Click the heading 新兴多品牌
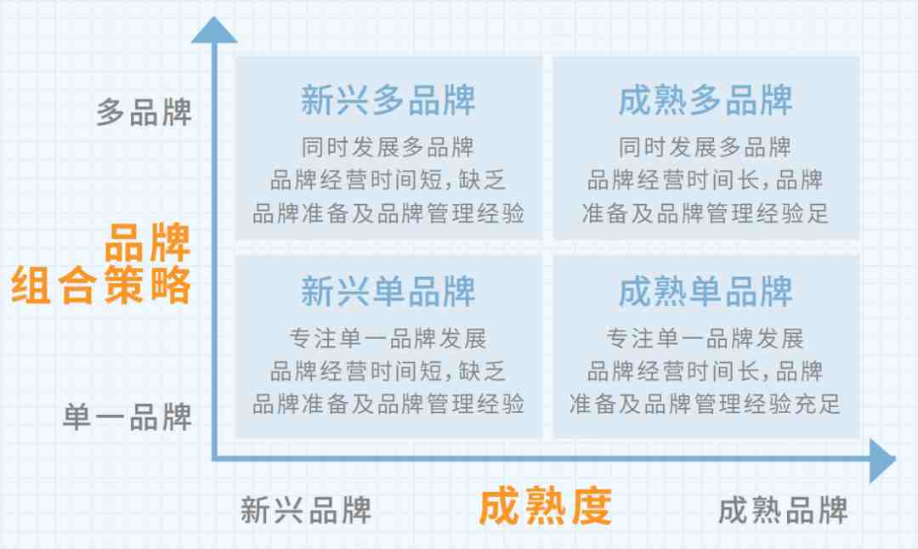[388, 100]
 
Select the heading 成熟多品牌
[705, 100]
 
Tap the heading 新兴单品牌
[388, 291]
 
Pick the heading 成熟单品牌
[705, 291]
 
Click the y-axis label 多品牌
[144, 112]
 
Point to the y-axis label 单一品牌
[127, 417]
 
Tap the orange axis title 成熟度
[546, 507]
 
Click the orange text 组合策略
[100, 285]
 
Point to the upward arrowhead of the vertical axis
[214, 30]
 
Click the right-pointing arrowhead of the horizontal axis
[883, 461]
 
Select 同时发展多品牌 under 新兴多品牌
[388, 147]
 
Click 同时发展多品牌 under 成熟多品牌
[705, 147]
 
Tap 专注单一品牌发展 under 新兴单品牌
[388, 338]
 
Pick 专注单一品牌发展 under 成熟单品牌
[705, 338]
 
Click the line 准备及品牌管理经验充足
[705, 404]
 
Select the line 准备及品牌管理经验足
[705, 213]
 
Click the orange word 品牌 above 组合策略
[148, 242]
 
